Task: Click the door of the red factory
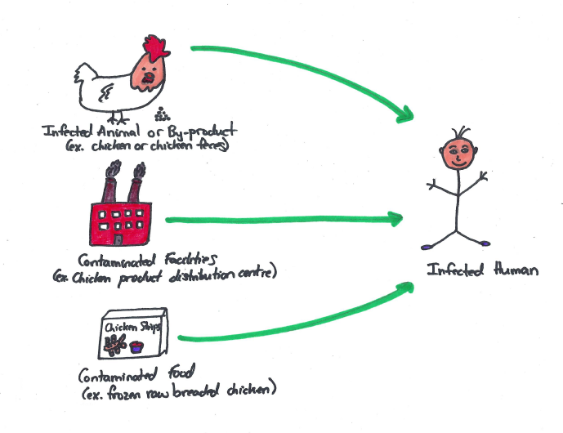[x=119, y=239]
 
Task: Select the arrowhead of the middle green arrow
[x=396, y=218]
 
